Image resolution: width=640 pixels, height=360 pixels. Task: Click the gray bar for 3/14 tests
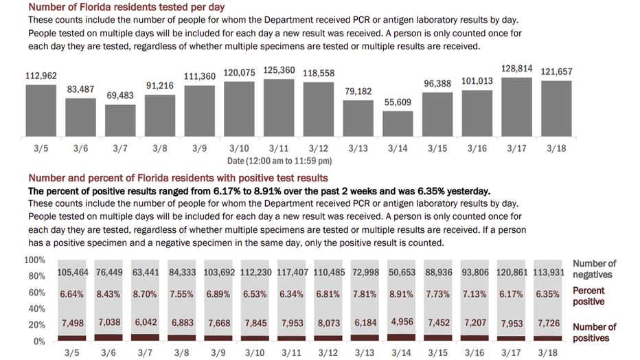[398, 125]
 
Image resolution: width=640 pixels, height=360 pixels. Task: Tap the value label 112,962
[41, 76]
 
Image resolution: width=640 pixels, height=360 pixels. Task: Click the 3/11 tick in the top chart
[278, 148]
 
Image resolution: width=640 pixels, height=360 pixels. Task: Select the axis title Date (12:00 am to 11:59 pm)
[279, 160]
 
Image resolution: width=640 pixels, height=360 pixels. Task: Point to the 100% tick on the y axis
[35, 260]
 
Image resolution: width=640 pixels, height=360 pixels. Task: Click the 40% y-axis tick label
[37, 308]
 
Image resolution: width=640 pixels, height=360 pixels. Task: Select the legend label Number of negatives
[594, 269]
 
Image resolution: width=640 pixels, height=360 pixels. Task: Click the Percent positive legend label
[588, 296]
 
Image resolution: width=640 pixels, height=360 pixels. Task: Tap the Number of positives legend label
[594, 333]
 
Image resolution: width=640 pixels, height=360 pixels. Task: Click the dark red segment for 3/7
[145, 337]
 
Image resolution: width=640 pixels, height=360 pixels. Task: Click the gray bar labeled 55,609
[398, 125]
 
